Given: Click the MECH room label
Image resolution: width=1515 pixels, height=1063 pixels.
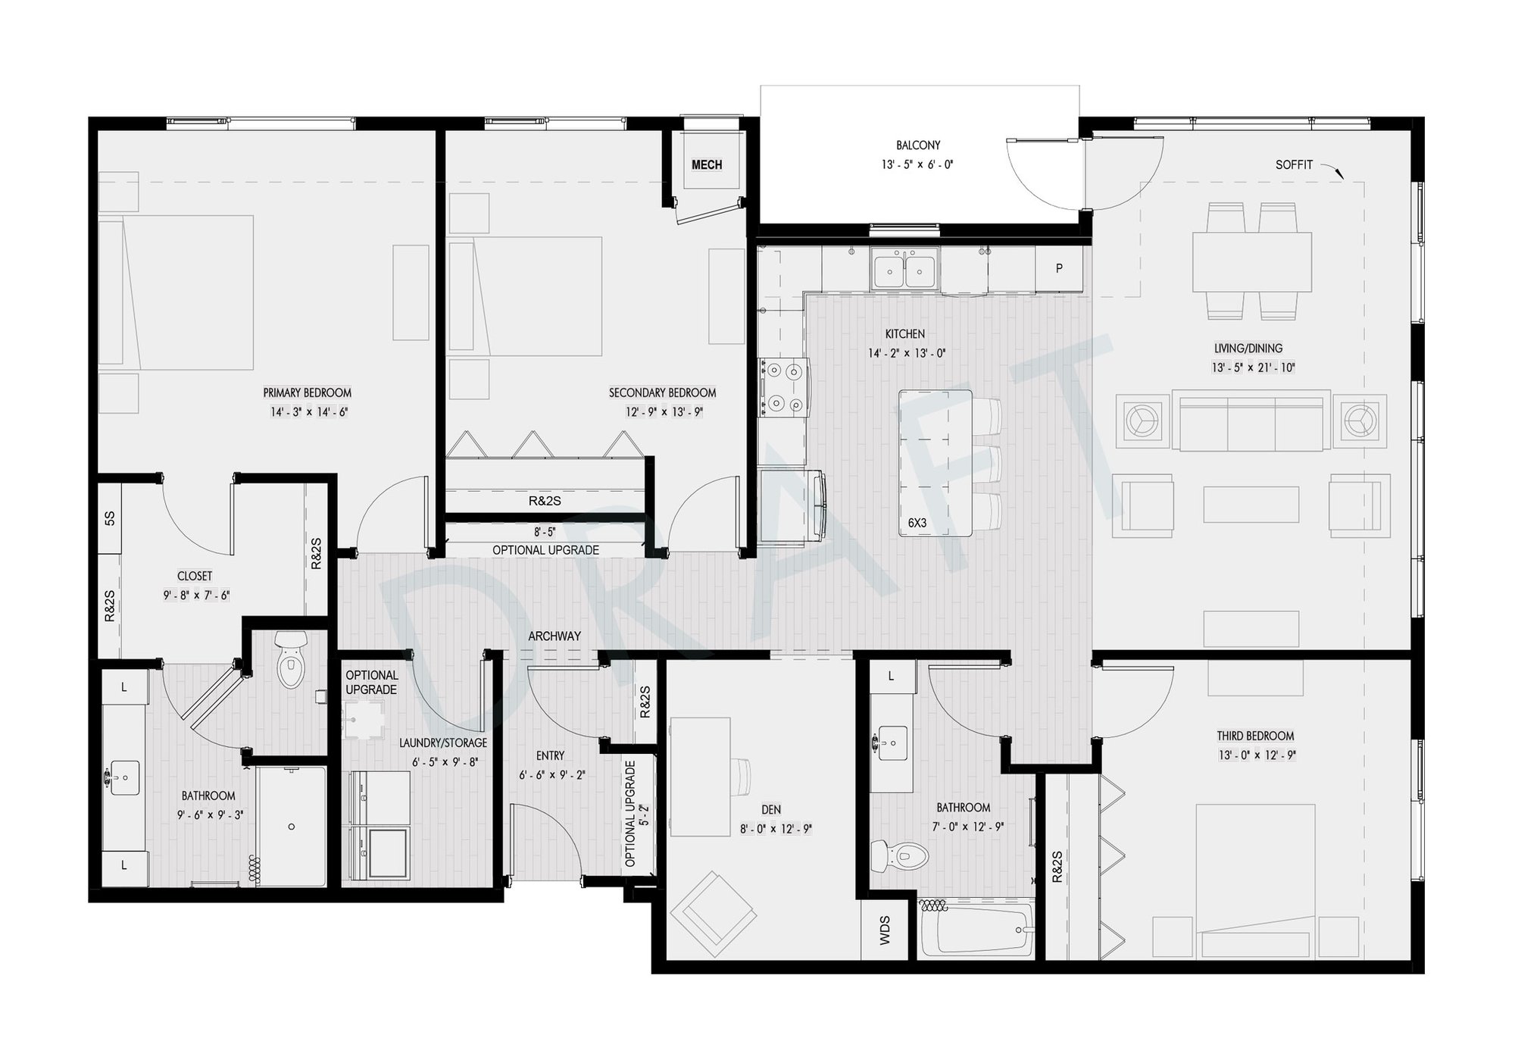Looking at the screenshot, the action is coord(707,164).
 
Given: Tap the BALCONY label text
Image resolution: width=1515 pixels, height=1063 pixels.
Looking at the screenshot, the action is coord(917,145).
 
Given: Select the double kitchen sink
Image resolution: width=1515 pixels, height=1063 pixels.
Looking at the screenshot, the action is coord(904,270).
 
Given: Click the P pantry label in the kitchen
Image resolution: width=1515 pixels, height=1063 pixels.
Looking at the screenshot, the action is coord(1059,268).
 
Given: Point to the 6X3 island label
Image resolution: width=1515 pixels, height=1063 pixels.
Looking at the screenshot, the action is coord(917,523).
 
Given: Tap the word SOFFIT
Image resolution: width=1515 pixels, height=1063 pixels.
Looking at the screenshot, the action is coord(1294,164).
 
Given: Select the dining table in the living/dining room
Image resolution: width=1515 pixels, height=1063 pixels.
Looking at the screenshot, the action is coord(1252,261).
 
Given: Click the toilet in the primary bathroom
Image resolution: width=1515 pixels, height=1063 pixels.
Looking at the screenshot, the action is coord(289,659).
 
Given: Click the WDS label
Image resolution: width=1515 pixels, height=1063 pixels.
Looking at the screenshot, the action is coord(885,930).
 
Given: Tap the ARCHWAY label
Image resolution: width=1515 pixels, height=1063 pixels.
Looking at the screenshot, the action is coord(554,636).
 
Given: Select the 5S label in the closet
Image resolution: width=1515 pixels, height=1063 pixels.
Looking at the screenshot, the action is coord(110,518).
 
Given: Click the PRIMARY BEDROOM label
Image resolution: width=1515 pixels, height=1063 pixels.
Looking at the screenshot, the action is coord(308,392).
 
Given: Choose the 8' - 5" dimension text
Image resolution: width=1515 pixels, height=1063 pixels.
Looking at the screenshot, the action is coord(545,532).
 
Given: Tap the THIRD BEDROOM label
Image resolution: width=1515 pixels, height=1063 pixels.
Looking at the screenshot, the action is coord(1255,736).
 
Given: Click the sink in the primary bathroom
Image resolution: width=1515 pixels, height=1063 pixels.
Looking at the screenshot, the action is coord(124,777).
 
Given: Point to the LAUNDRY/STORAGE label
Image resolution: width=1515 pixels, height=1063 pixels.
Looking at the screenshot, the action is coord(443,743).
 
